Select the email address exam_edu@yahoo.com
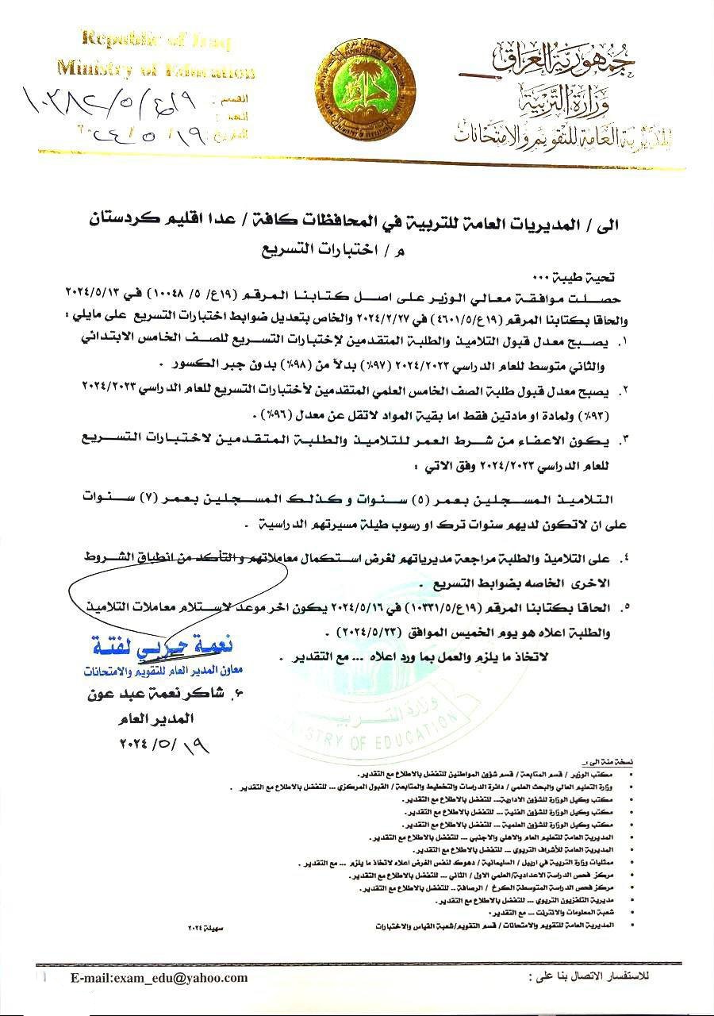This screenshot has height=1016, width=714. (x=159, y=978)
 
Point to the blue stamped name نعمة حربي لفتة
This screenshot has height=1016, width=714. (x=141, y=641)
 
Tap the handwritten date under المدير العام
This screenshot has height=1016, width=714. (x=157, y=746)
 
